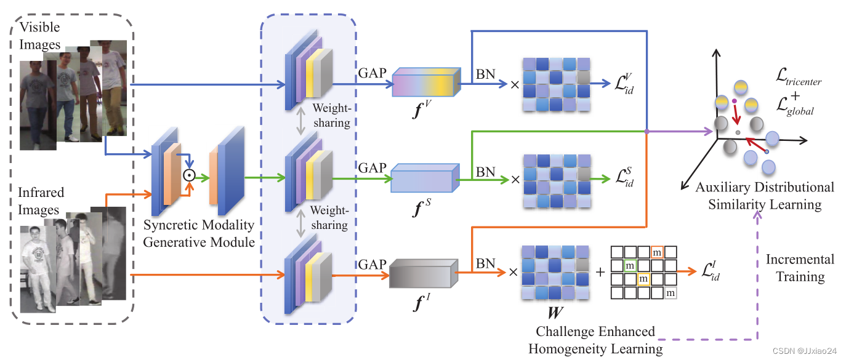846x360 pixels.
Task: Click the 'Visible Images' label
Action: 40,36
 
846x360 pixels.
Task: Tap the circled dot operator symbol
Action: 190,175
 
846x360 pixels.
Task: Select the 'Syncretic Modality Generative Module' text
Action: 199,234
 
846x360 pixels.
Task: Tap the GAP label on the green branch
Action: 373,168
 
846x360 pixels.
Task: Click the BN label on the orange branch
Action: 486,263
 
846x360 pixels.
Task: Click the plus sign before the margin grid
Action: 598,271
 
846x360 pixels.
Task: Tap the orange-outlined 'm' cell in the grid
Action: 657,252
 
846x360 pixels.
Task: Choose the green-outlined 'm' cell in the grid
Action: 629,266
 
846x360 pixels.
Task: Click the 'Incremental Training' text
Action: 800,268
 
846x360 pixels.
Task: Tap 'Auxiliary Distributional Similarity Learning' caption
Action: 764,196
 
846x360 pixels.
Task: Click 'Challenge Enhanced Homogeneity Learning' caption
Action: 595,340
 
